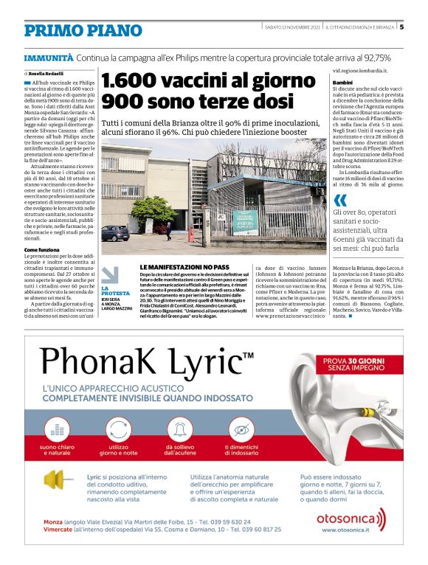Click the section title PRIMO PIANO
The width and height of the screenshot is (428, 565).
83,30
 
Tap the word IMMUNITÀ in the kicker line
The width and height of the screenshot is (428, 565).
48,58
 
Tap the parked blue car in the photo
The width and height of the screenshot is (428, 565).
115,233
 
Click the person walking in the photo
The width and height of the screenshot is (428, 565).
168,229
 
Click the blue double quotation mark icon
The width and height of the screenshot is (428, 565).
339,200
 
